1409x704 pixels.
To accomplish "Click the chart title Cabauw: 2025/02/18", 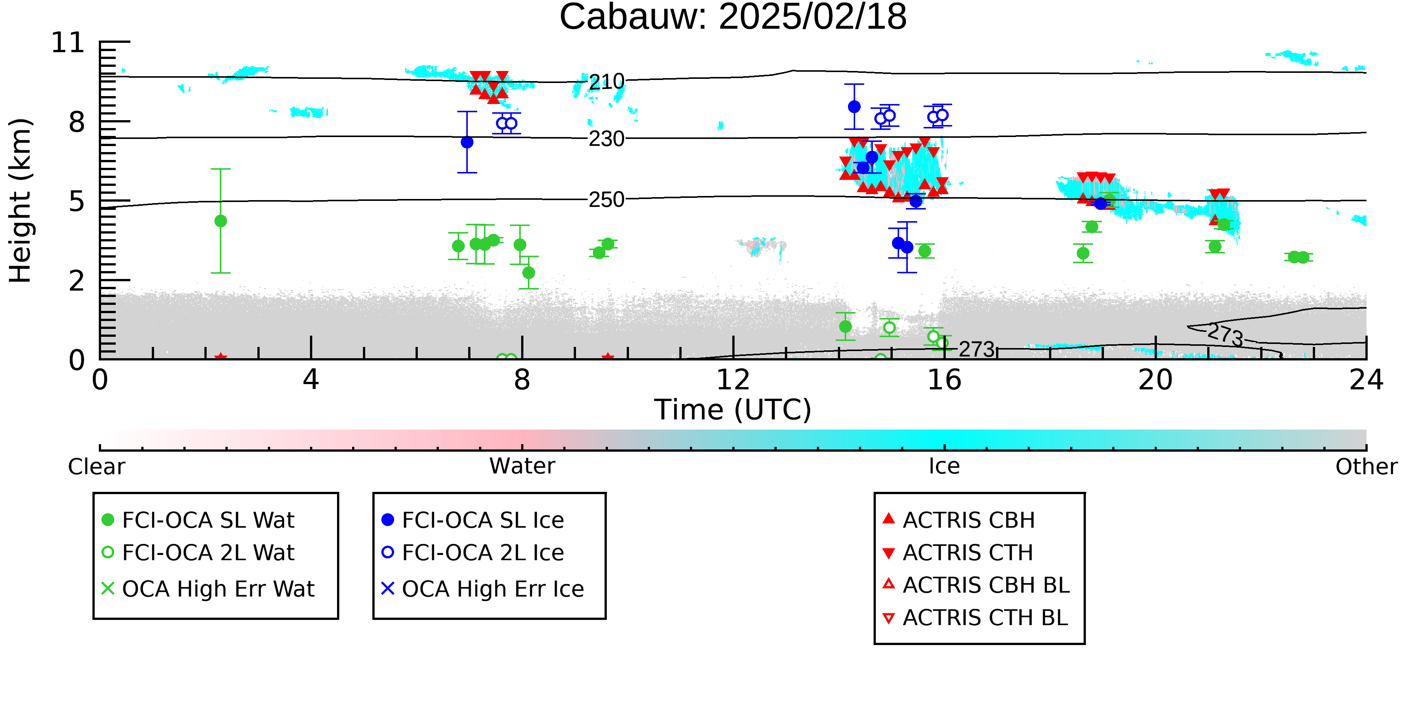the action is point(733,18).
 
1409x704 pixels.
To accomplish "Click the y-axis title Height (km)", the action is point(21,200).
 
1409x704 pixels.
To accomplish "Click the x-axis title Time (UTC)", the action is point(733,410).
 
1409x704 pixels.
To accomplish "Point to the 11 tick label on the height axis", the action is point(68,43).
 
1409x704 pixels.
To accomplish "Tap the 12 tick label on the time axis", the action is point(733,380).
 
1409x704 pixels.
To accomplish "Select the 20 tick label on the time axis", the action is point(1155,380).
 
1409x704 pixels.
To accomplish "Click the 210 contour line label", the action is point(606,82).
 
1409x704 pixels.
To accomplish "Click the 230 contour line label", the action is point(606,139).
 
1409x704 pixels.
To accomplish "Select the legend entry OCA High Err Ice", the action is point(483,589).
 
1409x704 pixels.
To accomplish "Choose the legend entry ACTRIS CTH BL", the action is point(975,618).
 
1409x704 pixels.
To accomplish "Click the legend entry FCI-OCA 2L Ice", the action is point(473,553).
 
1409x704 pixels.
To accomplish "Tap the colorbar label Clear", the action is point(97,467).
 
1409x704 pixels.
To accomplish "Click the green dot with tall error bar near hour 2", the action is point(221,221).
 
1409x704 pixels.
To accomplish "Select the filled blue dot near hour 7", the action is point(467,142).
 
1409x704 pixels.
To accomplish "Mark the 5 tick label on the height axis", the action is point(77,202).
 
